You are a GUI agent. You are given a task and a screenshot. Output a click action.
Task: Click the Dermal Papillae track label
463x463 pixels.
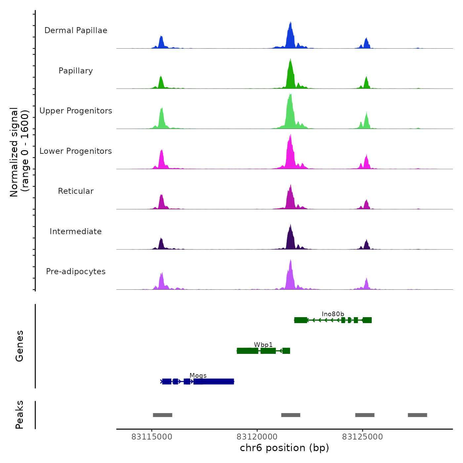click(x=76, y=30)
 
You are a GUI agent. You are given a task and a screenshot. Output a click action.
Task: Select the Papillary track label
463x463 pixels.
click(x=76, y=71)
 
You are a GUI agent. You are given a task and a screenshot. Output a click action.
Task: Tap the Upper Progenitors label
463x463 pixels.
click(x=76, y=111)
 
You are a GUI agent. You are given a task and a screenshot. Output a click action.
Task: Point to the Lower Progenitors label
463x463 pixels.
click(x=76, y=151)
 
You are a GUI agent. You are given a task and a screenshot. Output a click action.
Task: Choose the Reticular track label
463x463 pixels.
click(x=76, y=191)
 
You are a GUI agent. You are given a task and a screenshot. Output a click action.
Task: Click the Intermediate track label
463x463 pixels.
click(x=76, y=232)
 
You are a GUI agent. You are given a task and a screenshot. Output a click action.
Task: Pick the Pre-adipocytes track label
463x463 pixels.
click(x=76, y=272)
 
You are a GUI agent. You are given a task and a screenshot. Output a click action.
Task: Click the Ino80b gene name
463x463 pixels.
click(x=333, y=314)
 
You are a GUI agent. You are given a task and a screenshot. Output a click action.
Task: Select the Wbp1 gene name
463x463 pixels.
click(x=263, y=345)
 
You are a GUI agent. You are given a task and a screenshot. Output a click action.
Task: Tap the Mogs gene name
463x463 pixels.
click(x=198, y=376)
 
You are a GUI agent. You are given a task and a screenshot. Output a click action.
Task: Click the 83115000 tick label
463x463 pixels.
click(x=152, y=437)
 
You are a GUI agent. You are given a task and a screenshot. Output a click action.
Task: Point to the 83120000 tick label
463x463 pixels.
click(x=257, y=437)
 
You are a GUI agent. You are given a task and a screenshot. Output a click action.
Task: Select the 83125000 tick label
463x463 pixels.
click(x=362, y=437)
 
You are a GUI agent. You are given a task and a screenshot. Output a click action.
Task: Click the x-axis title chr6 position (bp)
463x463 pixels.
click(x=284, y=448)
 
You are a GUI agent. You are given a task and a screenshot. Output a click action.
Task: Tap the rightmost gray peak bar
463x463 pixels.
click(x=417, y=415)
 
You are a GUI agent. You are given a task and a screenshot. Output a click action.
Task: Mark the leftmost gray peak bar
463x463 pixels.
click(x=162, y=415)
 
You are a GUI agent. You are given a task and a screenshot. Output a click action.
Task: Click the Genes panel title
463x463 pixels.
click(x=20, y=346)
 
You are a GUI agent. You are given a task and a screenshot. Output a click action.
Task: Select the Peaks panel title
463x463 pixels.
click(x=20, y=415)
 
